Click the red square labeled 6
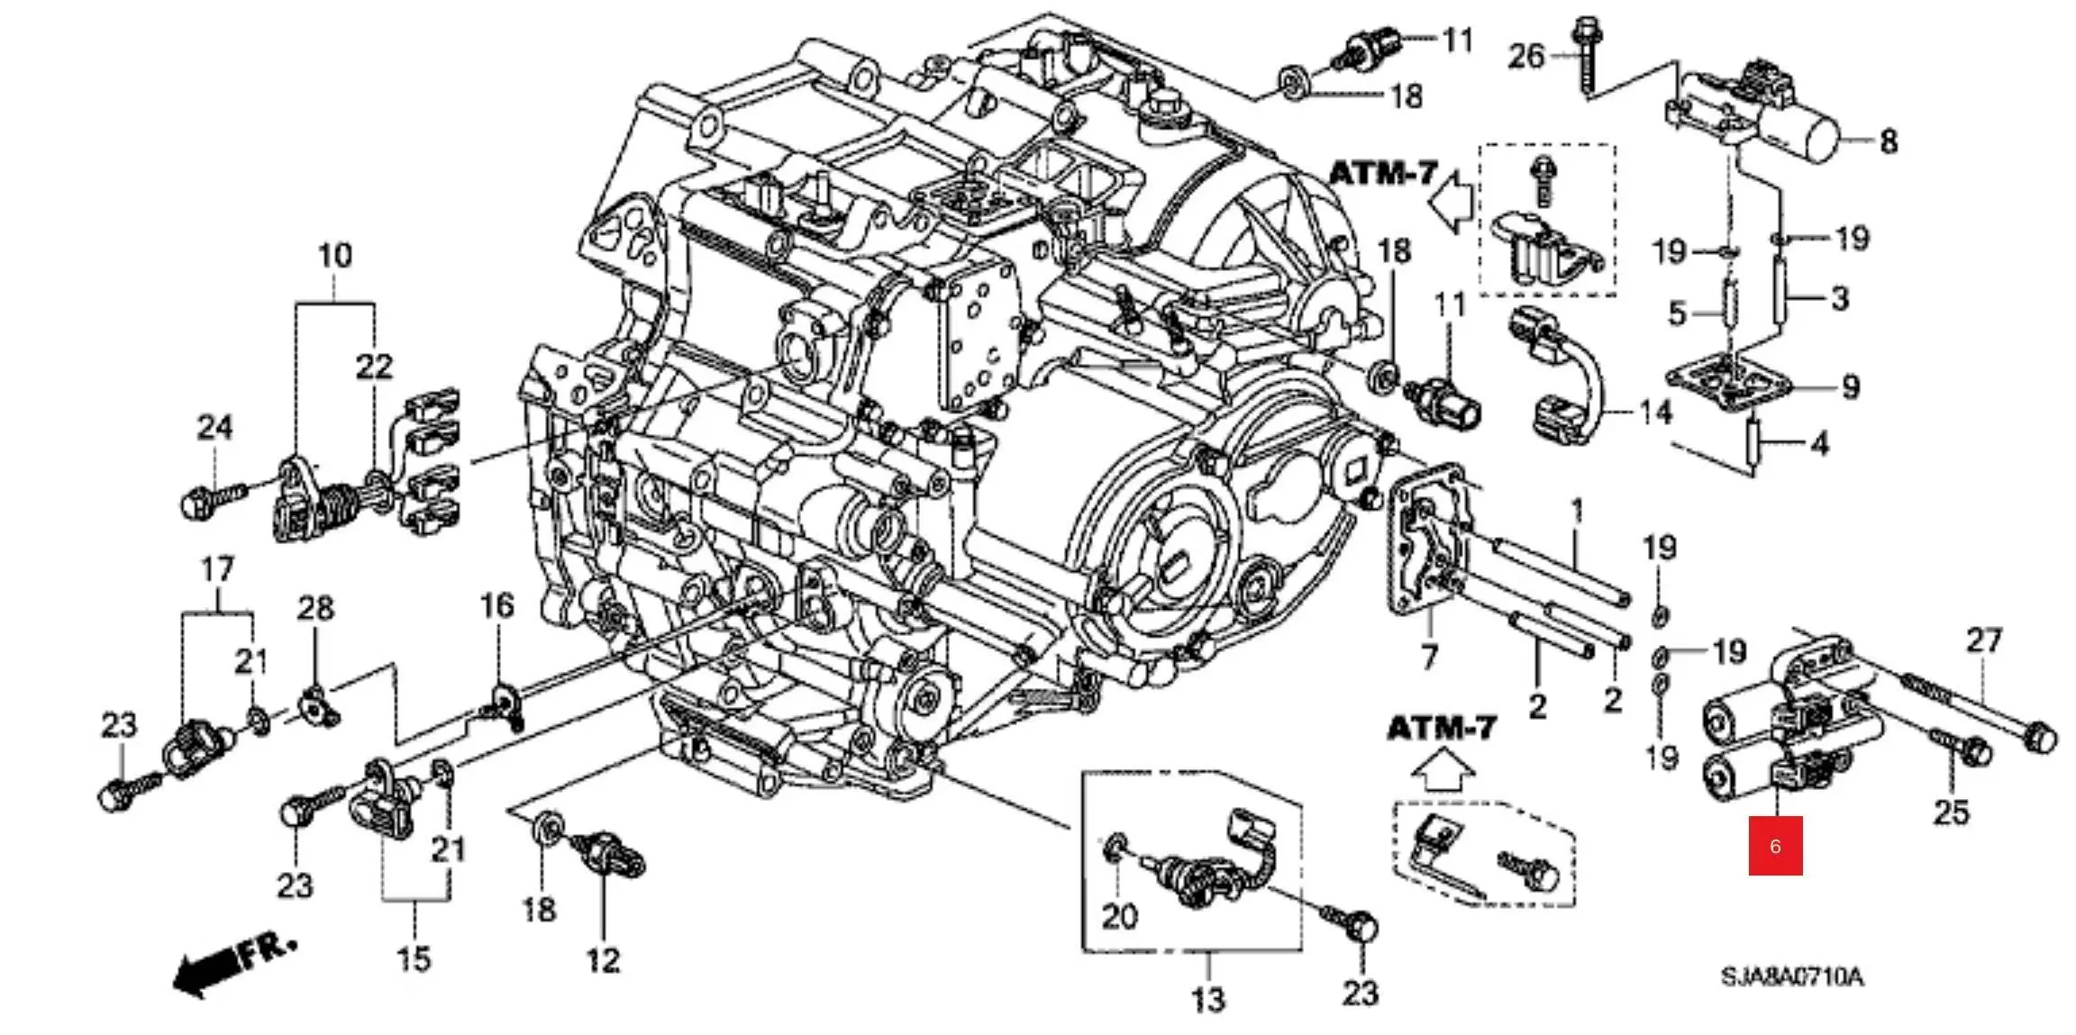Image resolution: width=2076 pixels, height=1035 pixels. (1775, 845)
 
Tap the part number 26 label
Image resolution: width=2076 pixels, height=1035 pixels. (1526, 57)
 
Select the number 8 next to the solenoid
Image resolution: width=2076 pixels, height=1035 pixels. (1888, 141)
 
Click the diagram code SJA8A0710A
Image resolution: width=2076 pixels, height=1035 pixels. (1791, 976)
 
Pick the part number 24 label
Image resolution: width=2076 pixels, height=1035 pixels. (214, 427)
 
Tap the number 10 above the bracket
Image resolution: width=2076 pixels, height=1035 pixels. (334, 255)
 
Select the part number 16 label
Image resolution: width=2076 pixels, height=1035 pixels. (496, 606)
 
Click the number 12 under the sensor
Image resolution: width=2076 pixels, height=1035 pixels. (603, 960)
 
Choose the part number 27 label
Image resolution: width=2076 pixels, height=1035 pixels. (1984, 640)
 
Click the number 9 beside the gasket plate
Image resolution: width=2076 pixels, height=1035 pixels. (1850, 387)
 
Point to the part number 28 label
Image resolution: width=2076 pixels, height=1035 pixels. (315, 608)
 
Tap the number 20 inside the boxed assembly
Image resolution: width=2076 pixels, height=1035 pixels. (1120, 916)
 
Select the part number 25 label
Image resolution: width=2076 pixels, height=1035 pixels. (1952, 813)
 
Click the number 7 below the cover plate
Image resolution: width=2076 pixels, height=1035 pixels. (1429, 657)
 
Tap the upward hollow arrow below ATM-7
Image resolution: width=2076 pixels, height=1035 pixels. (1442, 771)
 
